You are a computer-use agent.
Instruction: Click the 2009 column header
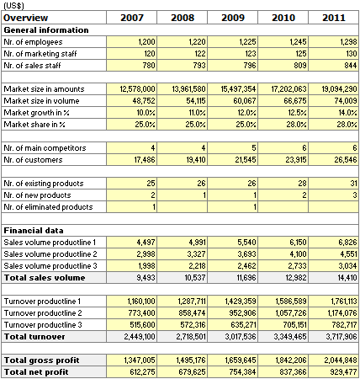coord(233,18)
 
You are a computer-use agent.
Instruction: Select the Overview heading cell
coord(25,18)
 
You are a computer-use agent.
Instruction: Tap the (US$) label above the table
coord(13,6)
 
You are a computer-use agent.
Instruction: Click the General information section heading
coord(46,30)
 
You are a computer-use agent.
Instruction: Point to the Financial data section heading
coord(34,231)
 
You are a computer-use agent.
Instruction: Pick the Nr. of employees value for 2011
coord(348,42)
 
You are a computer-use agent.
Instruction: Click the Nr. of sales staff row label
coord(32,66)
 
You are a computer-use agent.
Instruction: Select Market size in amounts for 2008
coord(188,89)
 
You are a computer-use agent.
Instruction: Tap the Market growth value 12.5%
coord(297,113)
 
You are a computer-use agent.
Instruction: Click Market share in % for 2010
coord(296,125)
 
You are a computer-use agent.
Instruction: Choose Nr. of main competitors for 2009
coord(254,148)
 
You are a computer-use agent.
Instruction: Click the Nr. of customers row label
coord(33,160)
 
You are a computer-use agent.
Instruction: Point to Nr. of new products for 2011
coord(355,195)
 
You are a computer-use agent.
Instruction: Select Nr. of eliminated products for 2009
coord(255,207)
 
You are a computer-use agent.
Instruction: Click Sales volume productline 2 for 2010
coord(298,254)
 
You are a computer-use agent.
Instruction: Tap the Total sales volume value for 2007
coord(146,278)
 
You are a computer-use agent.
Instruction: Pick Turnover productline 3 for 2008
coord(193,325)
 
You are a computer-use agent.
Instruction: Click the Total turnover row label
coord(34,337)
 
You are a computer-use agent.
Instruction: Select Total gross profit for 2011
coord(341,360)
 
